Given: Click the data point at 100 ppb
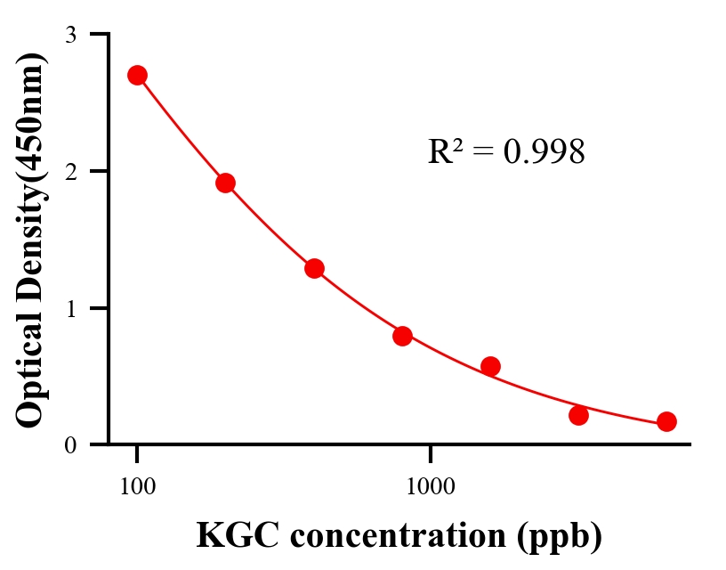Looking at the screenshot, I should pos(137,75).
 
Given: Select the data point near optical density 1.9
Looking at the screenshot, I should pos(225,183).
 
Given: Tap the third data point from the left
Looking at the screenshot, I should pos(314,268).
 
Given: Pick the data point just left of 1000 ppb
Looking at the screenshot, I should pos(402,336).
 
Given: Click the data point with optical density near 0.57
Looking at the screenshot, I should pos(490,366).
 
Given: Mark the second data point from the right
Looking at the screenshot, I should pos(578,415).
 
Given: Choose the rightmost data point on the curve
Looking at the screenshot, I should pos(666,421).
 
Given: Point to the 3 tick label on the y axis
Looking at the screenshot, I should pos(71,35).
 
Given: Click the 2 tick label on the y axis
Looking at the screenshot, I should pos(71,171).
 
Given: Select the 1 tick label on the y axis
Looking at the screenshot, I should pos(71,308).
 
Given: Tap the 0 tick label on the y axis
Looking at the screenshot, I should pos(71,445).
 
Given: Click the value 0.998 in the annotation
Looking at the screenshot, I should pos(544,152).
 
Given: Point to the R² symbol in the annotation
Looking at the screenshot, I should pos(445,152).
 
